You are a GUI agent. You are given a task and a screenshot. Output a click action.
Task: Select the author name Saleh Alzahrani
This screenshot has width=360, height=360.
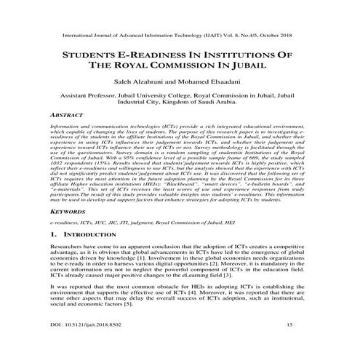click(139, 81)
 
